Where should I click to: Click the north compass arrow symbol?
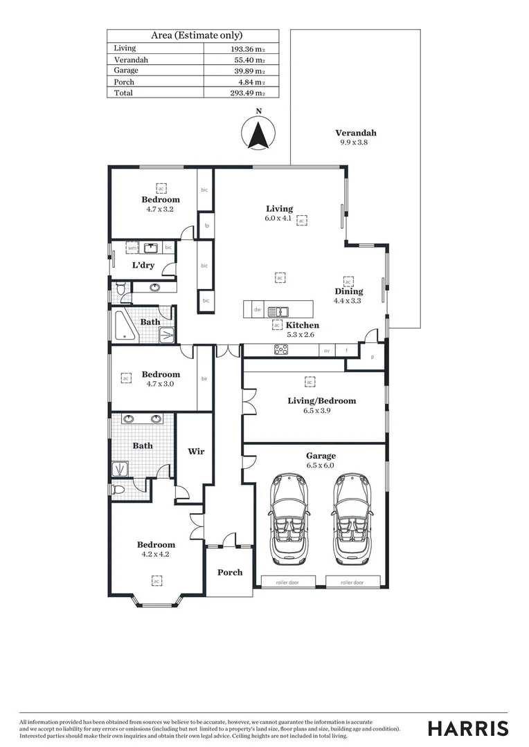click(x=259, y=133)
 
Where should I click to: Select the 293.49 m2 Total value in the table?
click(x=248, y=93)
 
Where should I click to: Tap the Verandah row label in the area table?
click(x=131, y=60)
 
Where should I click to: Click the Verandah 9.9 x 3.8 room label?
click(x=356, y=137)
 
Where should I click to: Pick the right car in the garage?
click(x=351, y=518)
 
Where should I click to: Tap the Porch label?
click(x=230, y=572)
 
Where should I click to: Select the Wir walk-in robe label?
click(x=196, y=452)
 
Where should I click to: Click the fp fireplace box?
click(x=205, y=225)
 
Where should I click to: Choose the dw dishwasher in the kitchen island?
click(x=257, y=310)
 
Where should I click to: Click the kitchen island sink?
click(x=278, y=311)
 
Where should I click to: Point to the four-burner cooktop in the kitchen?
click(x=281, y=350)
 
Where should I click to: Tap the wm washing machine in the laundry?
click(x=132, y=247)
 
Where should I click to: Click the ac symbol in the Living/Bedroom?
click(x=310, y=381)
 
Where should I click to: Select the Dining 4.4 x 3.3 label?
click(x=348, y=295)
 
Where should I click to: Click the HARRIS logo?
click(x=468, y=728)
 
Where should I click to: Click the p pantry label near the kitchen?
click(x=373, y=357)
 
